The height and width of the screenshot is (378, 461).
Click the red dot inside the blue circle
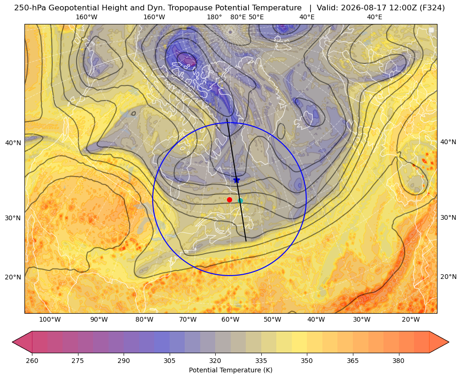point(230,200)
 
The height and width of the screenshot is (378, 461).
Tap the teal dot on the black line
point(241,201)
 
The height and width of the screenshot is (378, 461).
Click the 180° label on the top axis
point(214,17)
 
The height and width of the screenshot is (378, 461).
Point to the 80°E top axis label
point(238,17)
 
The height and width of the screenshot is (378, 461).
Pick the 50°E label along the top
point(256,17)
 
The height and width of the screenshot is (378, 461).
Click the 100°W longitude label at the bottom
point(50,320)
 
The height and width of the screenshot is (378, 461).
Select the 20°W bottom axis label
point(411,320)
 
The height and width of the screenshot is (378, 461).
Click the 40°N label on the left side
point(13,143)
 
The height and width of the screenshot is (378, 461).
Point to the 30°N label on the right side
point(448,217)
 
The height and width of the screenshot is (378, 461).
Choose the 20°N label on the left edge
point(13,277)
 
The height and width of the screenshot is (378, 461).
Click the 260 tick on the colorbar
point(32,361)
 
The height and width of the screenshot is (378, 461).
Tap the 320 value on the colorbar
point(215,361)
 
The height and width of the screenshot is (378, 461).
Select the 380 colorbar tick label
point(398,361)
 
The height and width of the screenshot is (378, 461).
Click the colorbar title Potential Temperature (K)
point(231,370)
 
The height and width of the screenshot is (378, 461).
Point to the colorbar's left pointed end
point(12,342)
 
